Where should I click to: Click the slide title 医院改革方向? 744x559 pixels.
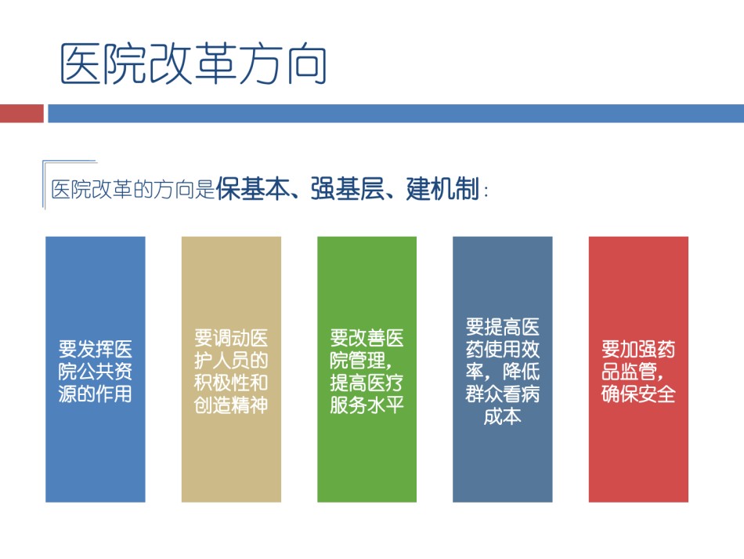(x=193, y=64)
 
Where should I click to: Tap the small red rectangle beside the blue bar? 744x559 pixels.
(x=22, y=114)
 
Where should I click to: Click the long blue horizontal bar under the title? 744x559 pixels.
(x=395, y=114)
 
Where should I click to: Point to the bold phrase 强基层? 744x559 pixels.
(x=347, y=189)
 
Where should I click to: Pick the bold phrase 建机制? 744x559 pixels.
(x=442, y=189)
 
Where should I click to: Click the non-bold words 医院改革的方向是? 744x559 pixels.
(x=133, y=189)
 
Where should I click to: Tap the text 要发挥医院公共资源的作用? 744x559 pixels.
(x=96, y=372)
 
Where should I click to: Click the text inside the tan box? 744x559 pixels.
(x=231, y=372)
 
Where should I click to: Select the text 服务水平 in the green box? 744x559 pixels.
(x=367, y=405)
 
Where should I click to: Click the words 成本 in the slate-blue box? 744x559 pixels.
(x=503, y=416)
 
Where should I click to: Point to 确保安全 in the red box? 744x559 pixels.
(x=638, y=394)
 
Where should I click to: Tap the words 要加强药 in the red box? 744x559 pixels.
(x=638, y=349)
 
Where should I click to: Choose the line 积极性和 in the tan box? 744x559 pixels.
(x=231, y=383)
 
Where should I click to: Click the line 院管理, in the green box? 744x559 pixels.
(x=362, y=361)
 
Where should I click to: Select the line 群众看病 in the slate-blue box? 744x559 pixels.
(x=503, y=394)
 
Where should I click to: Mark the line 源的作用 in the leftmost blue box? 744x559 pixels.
(x=96, y=394)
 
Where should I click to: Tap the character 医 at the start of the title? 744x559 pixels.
(x=81, y=64)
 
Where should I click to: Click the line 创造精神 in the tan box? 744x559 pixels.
(x=231, y=405)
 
